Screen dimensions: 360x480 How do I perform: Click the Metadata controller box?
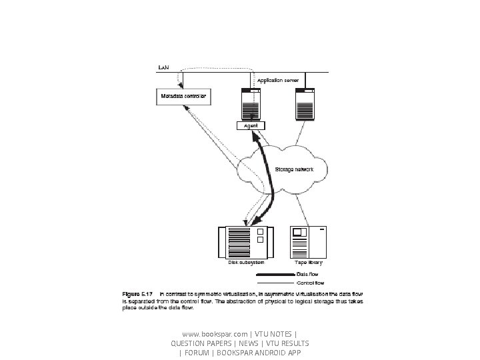(x=183, y=97)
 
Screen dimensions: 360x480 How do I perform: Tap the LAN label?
(x=163, y=67)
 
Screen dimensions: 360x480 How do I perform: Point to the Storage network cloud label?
(x=296, y=170)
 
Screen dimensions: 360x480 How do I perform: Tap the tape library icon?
(x=309, y=241)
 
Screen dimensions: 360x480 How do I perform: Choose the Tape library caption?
(x=309, y=264)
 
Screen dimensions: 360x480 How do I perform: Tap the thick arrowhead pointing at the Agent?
(x=255, y=135)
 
